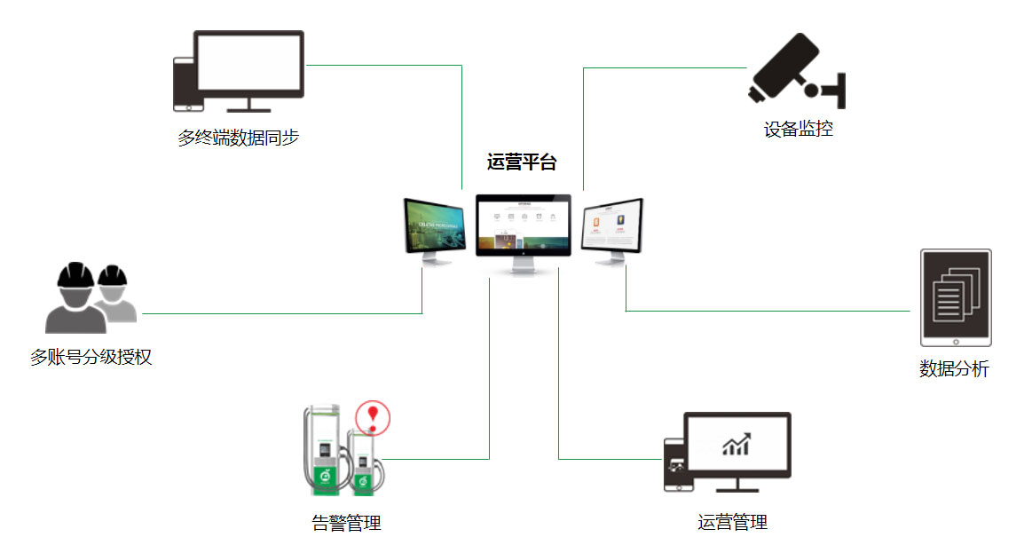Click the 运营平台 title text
tap(522, 162)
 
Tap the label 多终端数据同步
tap(238, 138)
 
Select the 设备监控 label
tap(798, 129)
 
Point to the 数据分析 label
tap(954, 368)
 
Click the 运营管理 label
tap(732, 522)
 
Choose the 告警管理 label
tap(346, 523)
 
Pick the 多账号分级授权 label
tap(91, 358)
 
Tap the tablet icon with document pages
tap(955, 297)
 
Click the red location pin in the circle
tap(373, 415)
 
